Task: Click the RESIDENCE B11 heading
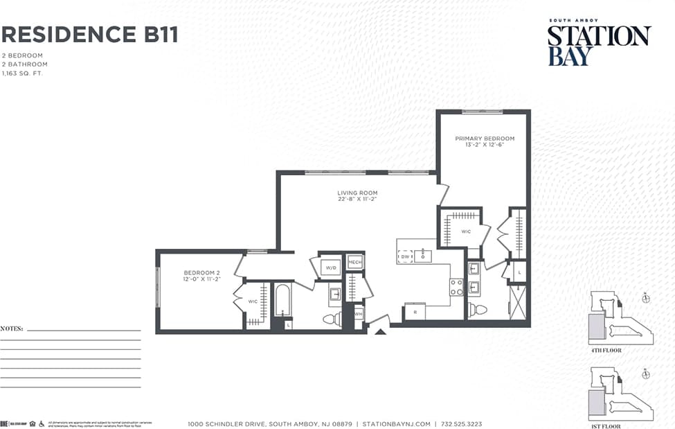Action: pyautogui.click(x=90, y=34)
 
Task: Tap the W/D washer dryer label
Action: pyautogui.click(x=331, y=268)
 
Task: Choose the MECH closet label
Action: pyautogui.click(x=355, y=262)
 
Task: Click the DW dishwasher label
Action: pyautogui.click(x=404, y=256)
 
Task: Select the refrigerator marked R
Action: pyautogui.click(x=414, y=313)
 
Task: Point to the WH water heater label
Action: pyautogui.click(x=358, y=314)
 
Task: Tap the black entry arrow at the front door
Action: pyautogui.click(x=379, y=331)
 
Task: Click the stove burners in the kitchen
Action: pyautogui.click(x=456, y=287)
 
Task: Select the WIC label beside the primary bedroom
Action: pyautogui.click(x=466, y=231)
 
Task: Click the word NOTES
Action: pyautogui.click(x=12, y=328)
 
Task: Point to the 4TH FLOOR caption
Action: pyautogui.click(x=606, y=351)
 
